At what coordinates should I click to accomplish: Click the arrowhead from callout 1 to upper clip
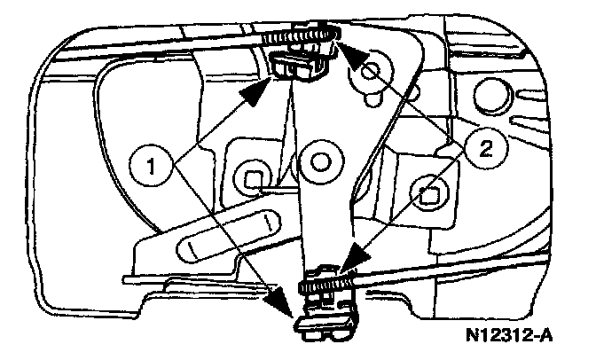(263, 88)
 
